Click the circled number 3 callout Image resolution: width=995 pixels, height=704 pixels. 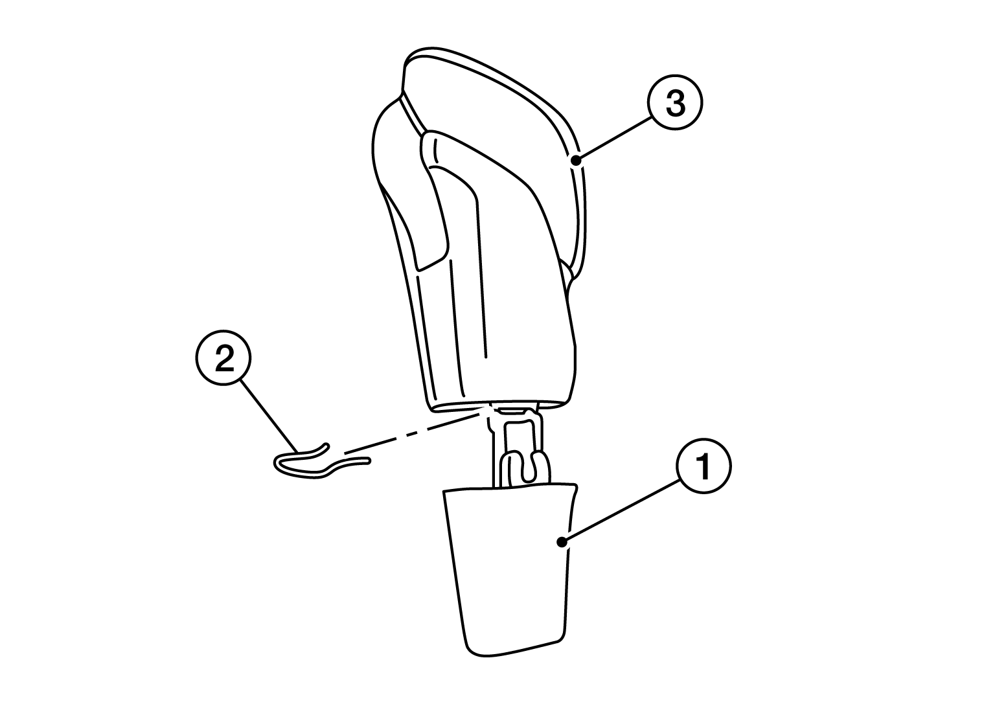click(675, 102)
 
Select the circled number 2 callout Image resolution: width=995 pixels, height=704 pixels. click(223, 358)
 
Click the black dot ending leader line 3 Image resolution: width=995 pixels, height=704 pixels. click(575, 160)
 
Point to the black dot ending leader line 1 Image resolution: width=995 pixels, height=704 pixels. click(562, 542)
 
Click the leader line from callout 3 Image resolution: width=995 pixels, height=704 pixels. click(614, 138)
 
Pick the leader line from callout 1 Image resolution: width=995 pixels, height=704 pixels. click(621, 511)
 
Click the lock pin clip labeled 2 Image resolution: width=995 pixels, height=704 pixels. click(321, 462)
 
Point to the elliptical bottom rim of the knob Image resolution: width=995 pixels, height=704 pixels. click(497, 406)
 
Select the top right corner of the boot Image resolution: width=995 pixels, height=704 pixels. click(576, 485)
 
